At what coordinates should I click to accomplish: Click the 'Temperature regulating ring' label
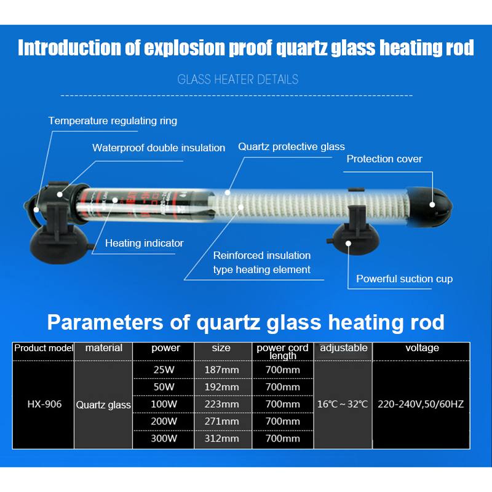[113, 121]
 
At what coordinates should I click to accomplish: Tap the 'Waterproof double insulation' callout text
[159, 148]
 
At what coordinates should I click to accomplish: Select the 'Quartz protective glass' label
[292, 147]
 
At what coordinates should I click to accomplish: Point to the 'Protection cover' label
[384, 159]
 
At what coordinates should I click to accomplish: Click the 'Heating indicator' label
[144, 243]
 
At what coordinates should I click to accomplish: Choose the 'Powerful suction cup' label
[404, 279]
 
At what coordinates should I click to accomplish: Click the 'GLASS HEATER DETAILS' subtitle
[238, 79]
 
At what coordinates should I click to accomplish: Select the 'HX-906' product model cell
[44, 404]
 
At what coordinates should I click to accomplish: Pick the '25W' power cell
[164, 370]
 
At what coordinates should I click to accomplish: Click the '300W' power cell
[164, 438]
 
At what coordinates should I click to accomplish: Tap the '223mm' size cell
[221, 404]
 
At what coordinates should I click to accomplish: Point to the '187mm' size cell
[221, 370]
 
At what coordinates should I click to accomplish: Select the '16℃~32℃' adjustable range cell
[343, 404]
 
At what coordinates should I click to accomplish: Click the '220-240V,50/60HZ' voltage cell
[421, 404]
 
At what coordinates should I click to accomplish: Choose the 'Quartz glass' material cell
[103, 405]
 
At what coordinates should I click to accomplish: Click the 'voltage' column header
[422, 348]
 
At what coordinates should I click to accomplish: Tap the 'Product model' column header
[44, 348]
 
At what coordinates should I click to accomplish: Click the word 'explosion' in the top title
[175, 49]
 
